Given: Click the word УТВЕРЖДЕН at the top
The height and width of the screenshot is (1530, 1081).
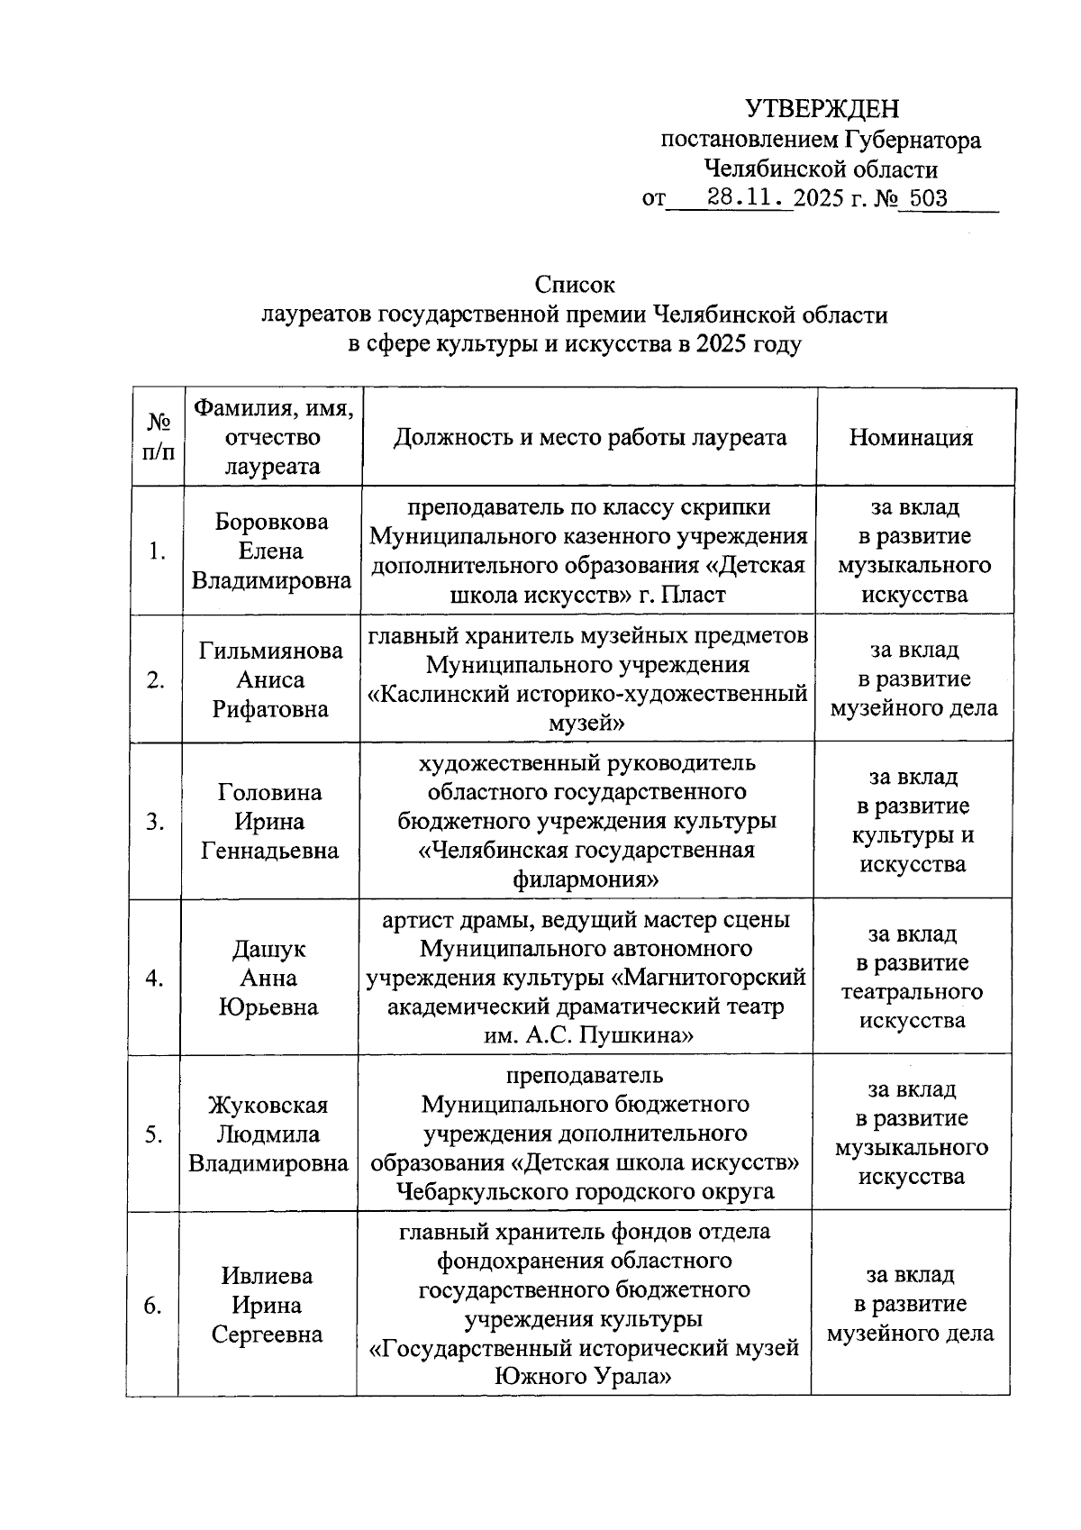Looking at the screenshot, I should (x=822, y=109).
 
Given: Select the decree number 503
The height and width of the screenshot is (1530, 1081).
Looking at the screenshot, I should (x=928, y=198).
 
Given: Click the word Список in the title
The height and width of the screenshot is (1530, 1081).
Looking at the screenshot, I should (x=574, y=285).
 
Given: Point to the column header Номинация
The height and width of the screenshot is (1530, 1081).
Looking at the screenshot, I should (x=911, y=438).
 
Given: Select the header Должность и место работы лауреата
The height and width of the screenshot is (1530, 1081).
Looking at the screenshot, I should (x=589, y=438).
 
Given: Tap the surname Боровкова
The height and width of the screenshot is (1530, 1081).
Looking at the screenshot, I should (x=271, y=522).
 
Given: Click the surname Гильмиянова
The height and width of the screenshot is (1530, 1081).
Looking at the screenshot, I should (x=271, y=651).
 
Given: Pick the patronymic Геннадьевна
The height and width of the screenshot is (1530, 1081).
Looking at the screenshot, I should (x=270, y=851).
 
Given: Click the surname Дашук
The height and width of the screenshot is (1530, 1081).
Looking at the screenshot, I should (x=268, y=949).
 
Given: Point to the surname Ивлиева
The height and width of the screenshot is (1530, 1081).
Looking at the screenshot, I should (x=267, y=1276).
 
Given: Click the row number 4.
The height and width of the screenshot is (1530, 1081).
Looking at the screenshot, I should (x=155, y=978).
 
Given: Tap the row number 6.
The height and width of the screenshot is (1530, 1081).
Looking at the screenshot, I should (x=153, y=1305).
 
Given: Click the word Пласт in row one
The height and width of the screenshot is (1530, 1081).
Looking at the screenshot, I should (x=694, y=595).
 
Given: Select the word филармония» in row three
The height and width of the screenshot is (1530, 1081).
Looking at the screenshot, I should (x=586, y=879).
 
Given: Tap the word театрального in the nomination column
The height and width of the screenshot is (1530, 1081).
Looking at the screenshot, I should (x=911, y=991).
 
